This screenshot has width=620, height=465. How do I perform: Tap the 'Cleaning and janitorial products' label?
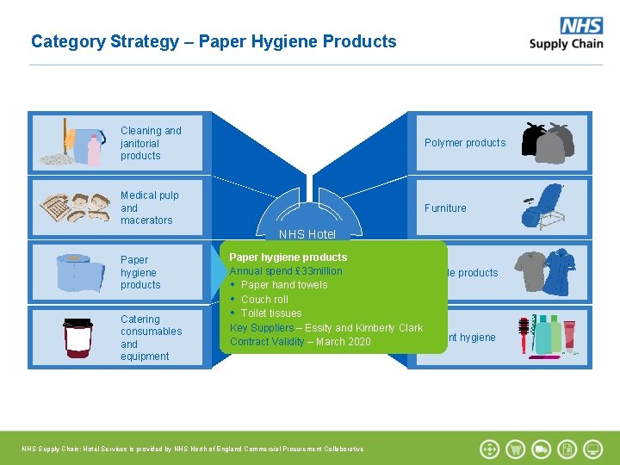click(151, 143)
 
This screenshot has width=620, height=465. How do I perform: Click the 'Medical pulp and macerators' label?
click(149, 208)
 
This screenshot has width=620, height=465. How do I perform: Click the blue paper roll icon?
click(78, 273)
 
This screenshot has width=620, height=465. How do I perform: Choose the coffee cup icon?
click(77, 338)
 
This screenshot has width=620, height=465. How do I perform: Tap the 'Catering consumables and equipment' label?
click(151, 338)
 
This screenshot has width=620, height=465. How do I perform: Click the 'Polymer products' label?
click(465, 143)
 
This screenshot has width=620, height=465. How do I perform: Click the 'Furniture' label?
click(445, 208)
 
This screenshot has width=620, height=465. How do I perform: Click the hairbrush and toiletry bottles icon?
click(546, 336)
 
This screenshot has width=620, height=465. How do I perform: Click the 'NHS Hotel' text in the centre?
click(307, 234)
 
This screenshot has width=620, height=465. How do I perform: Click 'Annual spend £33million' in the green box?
click(286, 271)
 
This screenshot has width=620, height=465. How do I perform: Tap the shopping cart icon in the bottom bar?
click(515, 449)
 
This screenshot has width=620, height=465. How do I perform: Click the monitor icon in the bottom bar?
click(592, 449)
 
